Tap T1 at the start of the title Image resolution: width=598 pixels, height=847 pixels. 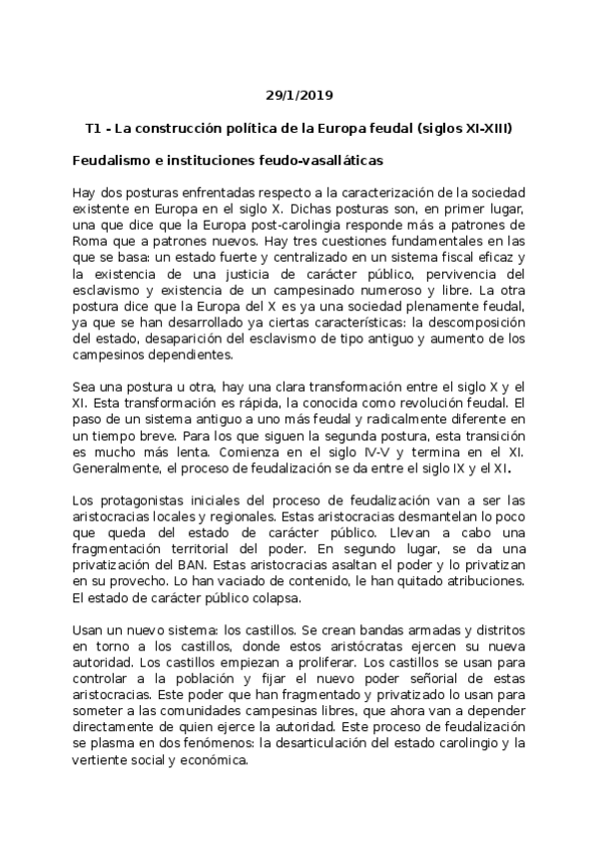[x=96, y=129]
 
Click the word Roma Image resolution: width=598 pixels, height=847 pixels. [x=91, y=244]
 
